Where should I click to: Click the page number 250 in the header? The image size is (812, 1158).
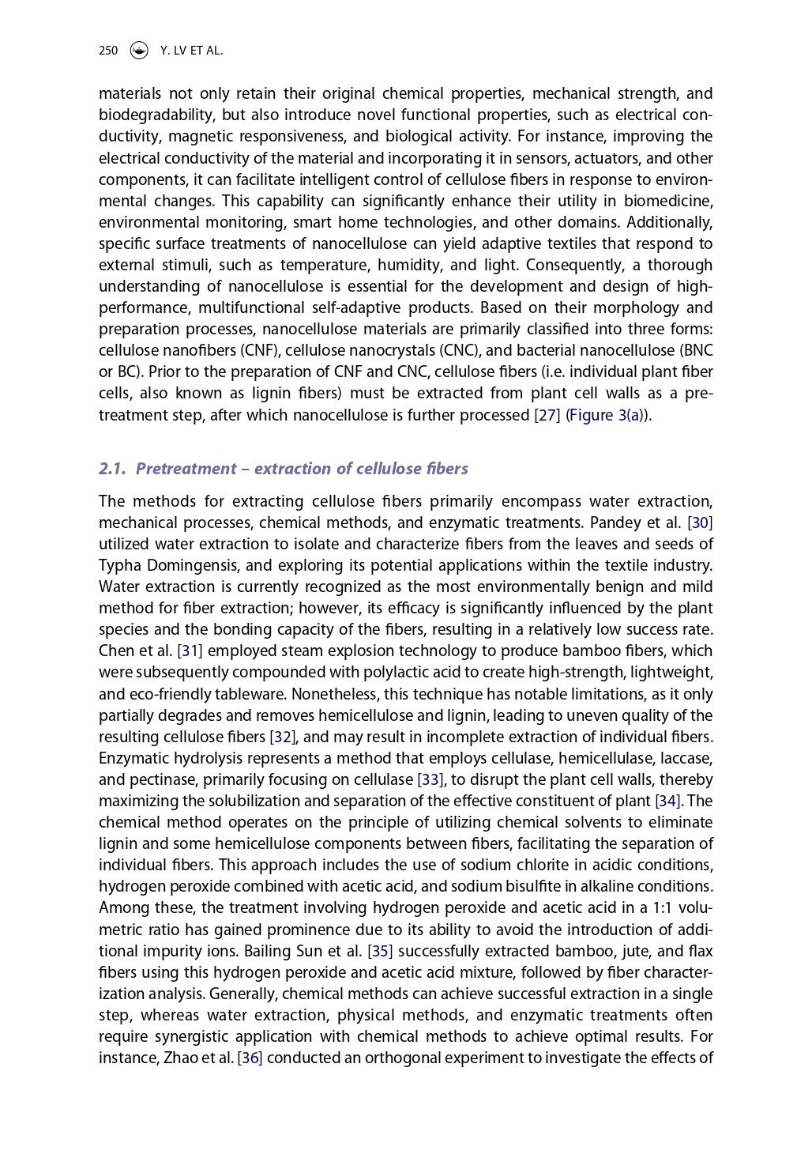point(108,51)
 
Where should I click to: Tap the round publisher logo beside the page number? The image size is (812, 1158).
point(139,51)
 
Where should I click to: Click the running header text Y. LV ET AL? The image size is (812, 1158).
point(191,51)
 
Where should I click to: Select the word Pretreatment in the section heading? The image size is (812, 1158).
point(186,469)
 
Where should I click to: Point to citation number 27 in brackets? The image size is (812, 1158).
point(547,416)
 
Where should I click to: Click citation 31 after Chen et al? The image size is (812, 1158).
point(190,651)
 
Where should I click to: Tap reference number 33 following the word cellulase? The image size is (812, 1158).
point(430,780)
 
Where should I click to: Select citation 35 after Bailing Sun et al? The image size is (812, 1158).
point(380,952)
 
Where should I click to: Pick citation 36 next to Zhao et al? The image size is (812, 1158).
point(250,1058)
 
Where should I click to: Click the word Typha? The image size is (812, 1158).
point(119,566)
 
